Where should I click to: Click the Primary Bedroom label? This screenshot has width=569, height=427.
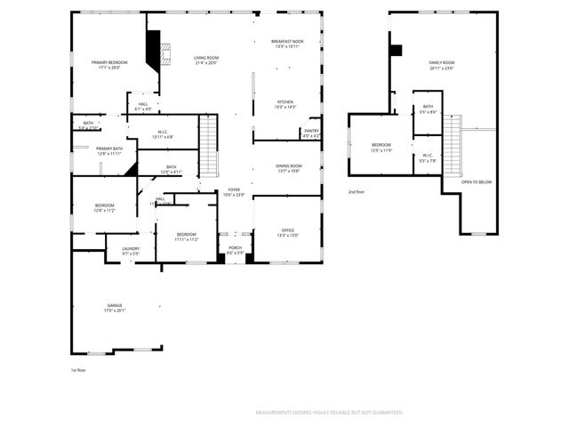pyautogui.click(x=109, y=62)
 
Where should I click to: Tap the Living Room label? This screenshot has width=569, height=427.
pyautogui.click(x=206, y=58)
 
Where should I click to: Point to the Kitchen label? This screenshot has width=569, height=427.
pyautogui.click(x=285, y=102)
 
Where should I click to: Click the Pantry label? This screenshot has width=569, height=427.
pyautogui.click(x=311, y=131)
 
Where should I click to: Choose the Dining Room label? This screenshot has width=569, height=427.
pyautogui.click(x=287, y=166)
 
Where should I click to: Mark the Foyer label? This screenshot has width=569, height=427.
pyautogui.click(x=234, y=189)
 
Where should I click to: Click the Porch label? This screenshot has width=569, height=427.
pyautogui.click(x=235, y=247)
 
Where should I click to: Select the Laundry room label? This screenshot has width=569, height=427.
pyautogui.click(x=131, y=249)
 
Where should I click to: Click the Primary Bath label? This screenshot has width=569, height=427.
pyautogui.click(x=109, y=149)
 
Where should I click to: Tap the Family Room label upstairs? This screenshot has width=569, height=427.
pyautogui.click(x=442, y=63)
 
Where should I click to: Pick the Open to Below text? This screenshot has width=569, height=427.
pyautogui.click(x=477, y=181)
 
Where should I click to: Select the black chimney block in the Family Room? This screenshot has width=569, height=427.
pyautogui.click(x=396, y=51)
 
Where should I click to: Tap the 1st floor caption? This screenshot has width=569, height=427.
pyautogui.click(x=77, y=369)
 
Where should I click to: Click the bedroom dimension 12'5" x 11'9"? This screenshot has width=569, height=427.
pyautogui.click(x=381, y=150)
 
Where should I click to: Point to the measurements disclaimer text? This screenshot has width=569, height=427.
pyautogui.click(x=329, y=413)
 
